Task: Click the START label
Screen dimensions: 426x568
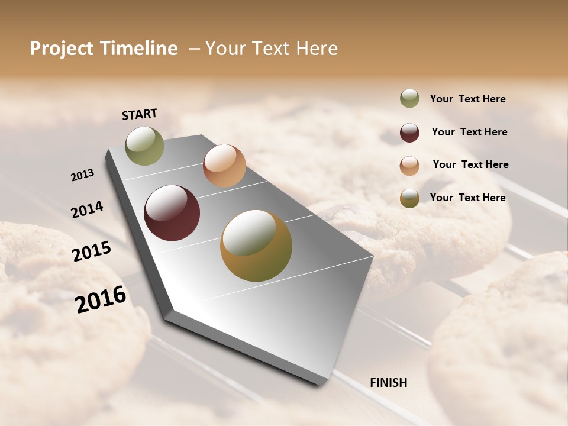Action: pos(140,114)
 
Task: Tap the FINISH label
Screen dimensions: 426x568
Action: pos(388,383)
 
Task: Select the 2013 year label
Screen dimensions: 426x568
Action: pos(82,175)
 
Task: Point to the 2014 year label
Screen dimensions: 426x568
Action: pos(87,209)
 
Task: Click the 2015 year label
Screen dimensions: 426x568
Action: pos(91,251)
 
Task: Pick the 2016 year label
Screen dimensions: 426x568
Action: pos(101,299)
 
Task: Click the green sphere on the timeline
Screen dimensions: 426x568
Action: pos(144,146)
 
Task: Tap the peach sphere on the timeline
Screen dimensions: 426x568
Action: pos(224,166)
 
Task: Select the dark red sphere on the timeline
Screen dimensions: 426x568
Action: pos(172,213)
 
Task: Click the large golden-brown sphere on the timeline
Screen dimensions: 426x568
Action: pos(256,246)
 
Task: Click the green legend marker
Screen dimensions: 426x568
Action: pos(409,98)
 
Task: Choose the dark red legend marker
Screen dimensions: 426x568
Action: pos(409,133)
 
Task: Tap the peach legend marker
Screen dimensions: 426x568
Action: pos(409,165)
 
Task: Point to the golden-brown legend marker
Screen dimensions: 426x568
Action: pos(409,198)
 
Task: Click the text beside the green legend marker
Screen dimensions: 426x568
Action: pos(467,99)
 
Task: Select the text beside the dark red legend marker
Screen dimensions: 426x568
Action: pos(469,132)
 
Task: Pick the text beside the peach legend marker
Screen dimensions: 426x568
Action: pos(470,164)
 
